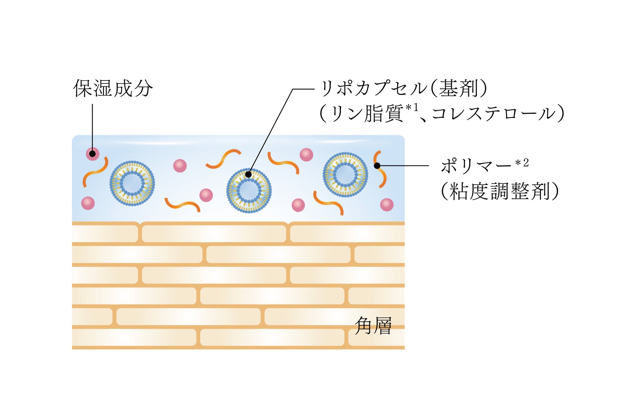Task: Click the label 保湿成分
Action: click(113, 88)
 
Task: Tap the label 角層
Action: click(373, 326)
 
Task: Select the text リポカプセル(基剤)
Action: click(404, 88)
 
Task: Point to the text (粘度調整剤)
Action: click(500, 191)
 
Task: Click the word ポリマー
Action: click(476, 166)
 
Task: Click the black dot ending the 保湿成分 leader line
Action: click(92, 154)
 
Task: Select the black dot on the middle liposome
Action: click(248, 175)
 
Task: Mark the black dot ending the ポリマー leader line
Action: click(377, 166)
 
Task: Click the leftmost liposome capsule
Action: click(132, 183)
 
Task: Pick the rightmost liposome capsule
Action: click(345, 174)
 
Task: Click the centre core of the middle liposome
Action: click(249, 191)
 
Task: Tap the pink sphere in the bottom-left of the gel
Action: click(88, 203)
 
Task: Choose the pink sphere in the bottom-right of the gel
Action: click(387, 205)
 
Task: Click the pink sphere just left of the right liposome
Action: click(306, 155)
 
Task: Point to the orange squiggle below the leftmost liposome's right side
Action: click(182, 204)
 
